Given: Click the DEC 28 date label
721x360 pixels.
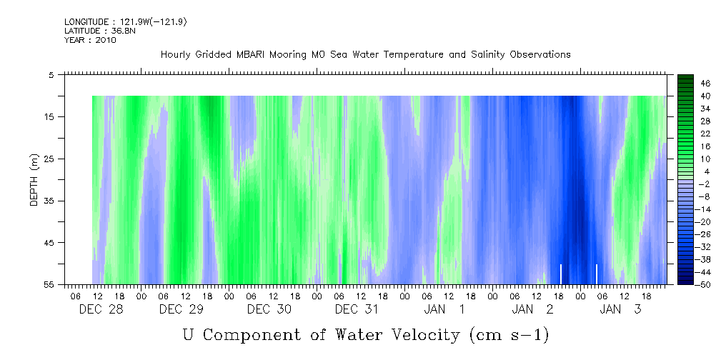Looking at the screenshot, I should [94, 309].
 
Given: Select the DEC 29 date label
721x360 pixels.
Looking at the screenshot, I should [182, 309].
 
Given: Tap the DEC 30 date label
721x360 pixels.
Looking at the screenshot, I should [269, 309].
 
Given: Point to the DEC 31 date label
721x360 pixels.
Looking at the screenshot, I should [357, 309].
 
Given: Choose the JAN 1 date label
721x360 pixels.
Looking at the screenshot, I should [444, 309].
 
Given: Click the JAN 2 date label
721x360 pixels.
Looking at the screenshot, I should [532, 309].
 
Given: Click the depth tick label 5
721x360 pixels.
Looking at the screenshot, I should [51, 74].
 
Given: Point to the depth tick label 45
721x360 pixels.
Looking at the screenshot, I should [49, 243].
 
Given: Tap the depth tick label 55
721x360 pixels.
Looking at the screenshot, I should [49, 285].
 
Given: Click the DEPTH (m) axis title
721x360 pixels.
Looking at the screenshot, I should [34, 179].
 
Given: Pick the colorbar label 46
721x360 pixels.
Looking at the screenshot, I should [705, 84].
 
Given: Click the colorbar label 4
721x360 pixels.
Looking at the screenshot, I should [705, 171].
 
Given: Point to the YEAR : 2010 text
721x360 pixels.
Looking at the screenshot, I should [91, 40].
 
